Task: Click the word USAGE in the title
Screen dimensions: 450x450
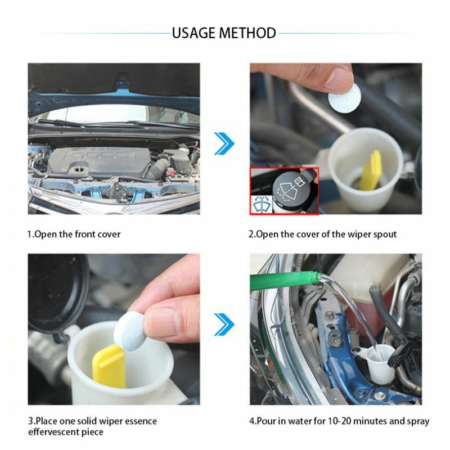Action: (x=193, y=33)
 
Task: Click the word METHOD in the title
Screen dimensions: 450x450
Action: (x=247, y=33)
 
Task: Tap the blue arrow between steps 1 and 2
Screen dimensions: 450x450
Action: (x=224, y=143)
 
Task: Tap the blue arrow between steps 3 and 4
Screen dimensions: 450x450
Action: (x=224, y=325)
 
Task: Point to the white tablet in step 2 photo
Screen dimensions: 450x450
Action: (x=345, y=98)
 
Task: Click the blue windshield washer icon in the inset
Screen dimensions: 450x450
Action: (x=262, y=204)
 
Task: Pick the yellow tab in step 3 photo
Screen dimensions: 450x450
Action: (x=109, y=366)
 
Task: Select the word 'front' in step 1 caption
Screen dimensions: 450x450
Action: (x=85, y=234)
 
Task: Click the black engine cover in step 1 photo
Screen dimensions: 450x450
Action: (x=99, y=162)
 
